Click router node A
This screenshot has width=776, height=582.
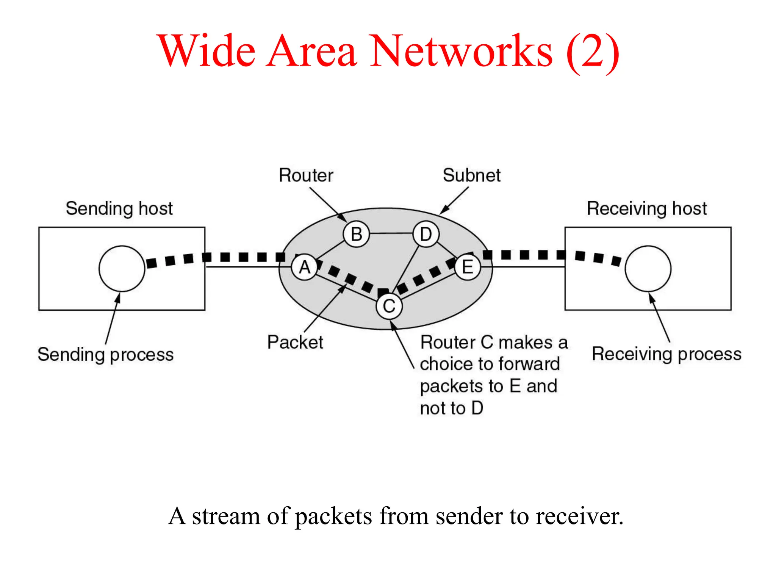point(305,268)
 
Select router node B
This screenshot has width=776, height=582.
point(356,234)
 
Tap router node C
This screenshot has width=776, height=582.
point(389,306)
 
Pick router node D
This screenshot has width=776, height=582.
point(426,234)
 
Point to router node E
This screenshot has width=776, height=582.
point(468,267)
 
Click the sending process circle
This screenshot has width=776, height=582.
point(122,269)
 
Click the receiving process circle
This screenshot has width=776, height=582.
point(648,269)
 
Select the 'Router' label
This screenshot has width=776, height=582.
point(306,175)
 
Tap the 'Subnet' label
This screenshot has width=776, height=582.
point(471,175)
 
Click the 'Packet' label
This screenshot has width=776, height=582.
point(295,342)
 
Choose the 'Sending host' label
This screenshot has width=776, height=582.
point(119,208)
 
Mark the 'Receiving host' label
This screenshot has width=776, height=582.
point(647,208)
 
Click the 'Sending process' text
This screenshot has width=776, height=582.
point(105,355)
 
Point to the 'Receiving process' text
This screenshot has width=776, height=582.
point(666,354)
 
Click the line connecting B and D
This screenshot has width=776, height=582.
point(391,233)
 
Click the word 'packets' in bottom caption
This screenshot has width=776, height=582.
point(333,516)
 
